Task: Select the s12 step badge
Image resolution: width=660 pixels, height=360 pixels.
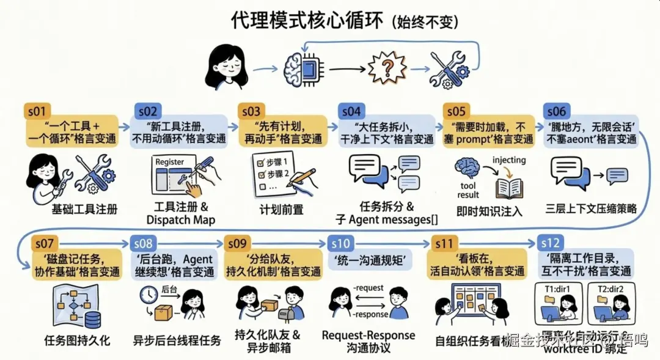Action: [x=549, y=243]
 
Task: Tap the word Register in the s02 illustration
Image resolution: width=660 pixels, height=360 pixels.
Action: [x=169, y=162]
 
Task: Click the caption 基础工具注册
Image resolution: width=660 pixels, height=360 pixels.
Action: [x=84, y=210]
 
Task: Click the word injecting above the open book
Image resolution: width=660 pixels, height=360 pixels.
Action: [x=508, y=161]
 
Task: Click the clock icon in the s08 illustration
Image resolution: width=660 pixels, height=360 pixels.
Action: [x=148, y=295]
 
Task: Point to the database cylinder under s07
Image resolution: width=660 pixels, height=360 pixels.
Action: [x=92, y=318]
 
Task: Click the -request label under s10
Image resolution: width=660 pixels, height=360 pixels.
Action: [x=368, y=287]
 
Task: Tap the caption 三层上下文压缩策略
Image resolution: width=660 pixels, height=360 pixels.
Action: [x=591, y=209]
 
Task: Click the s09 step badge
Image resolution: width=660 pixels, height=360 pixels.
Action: [x=237, y=243]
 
